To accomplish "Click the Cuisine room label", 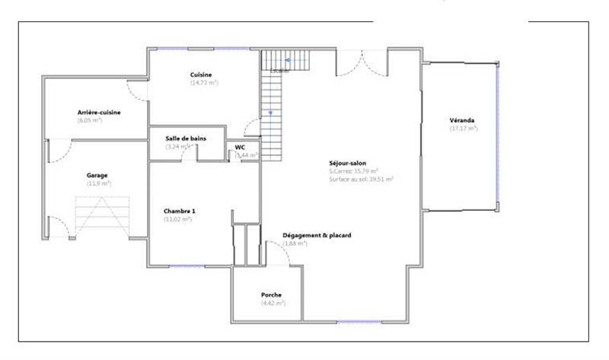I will coord(201,75).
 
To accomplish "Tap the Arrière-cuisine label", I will coord(99,112).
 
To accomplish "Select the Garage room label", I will coord(97,175).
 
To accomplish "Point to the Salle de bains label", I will coord(186,138).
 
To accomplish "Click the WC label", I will coord(240,147).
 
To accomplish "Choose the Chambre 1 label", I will coord(180,211).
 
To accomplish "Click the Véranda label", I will coord(463,120).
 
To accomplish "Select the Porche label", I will coord(272,295).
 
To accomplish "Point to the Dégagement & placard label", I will coord(317,235).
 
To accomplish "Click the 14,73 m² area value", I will coord(204,82).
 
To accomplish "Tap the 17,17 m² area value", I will coord(464,129).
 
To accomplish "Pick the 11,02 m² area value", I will coord(178,219).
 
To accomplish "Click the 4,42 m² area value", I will coord(273,303).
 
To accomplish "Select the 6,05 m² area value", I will coord(90,120).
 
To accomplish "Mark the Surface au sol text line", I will coord(361,179).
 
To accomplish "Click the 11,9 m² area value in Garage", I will coord(97,183).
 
